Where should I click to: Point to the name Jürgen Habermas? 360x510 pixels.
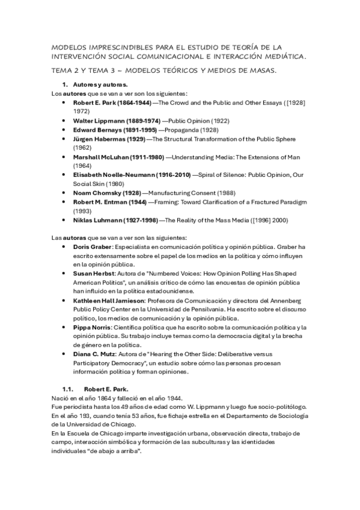(x=99, y=138)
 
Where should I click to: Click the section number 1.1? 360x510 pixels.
(x=69, y=389)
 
